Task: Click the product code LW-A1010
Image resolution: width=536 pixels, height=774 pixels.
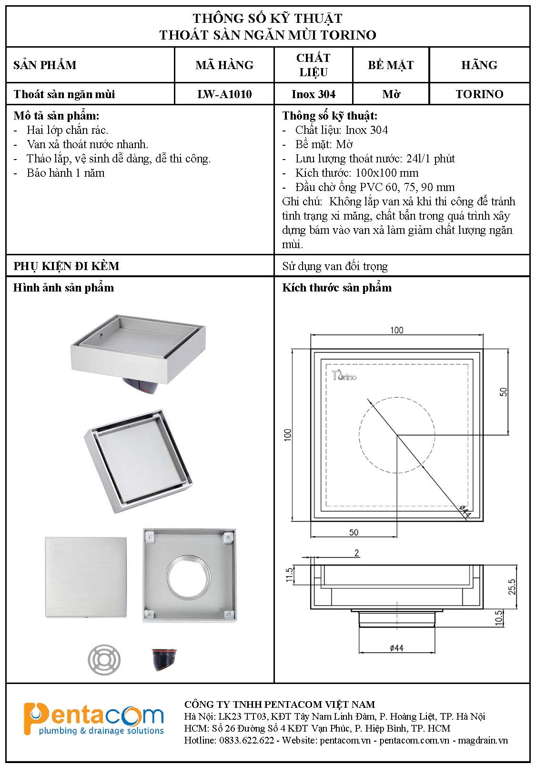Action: pyautogui.click(x=224, y=94)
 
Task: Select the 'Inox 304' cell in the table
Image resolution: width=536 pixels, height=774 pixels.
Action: pyautogui.click(x=314, y=94)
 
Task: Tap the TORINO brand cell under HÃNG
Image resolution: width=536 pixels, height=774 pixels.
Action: pyautogui.click(x=479, y=94)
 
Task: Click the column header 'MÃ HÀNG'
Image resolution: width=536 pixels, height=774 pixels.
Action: pyautogui.click(x=224, y=65)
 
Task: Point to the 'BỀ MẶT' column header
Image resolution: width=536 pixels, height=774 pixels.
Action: pyautogui.click(x=391, y=65)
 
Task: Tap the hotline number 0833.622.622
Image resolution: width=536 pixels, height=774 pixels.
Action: pyautogui.click(x=246, y=740)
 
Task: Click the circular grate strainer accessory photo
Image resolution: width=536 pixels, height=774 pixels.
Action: pyautogui.click(x=104, y=660)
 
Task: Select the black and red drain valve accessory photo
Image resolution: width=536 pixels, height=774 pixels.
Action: pyautogui.click(x=163, y=659)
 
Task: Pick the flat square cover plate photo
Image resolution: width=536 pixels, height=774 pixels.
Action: pyautogui.click(x=86, y=577)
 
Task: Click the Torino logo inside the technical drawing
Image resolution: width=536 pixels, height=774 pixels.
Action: pyautogui.click(x=344, y=376)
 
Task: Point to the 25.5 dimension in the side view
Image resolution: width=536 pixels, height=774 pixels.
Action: pyautogui.click(x=512, y=587)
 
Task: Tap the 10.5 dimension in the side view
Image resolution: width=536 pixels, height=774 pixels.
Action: pyautogui.click(x=499, y=618)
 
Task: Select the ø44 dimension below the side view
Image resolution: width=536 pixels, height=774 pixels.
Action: pyautogui.click(x=396, y=648)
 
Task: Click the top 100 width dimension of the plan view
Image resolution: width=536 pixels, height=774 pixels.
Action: pyautogui.click(x=396, y=330)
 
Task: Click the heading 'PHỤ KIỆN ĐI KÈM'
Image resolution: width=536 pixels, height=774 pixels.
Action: pyautogui.click(x=66, y=266)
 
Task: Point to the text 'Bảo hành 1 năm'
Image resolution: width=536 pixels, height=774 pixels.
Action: pyautogui.click(x=65, y=173)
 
